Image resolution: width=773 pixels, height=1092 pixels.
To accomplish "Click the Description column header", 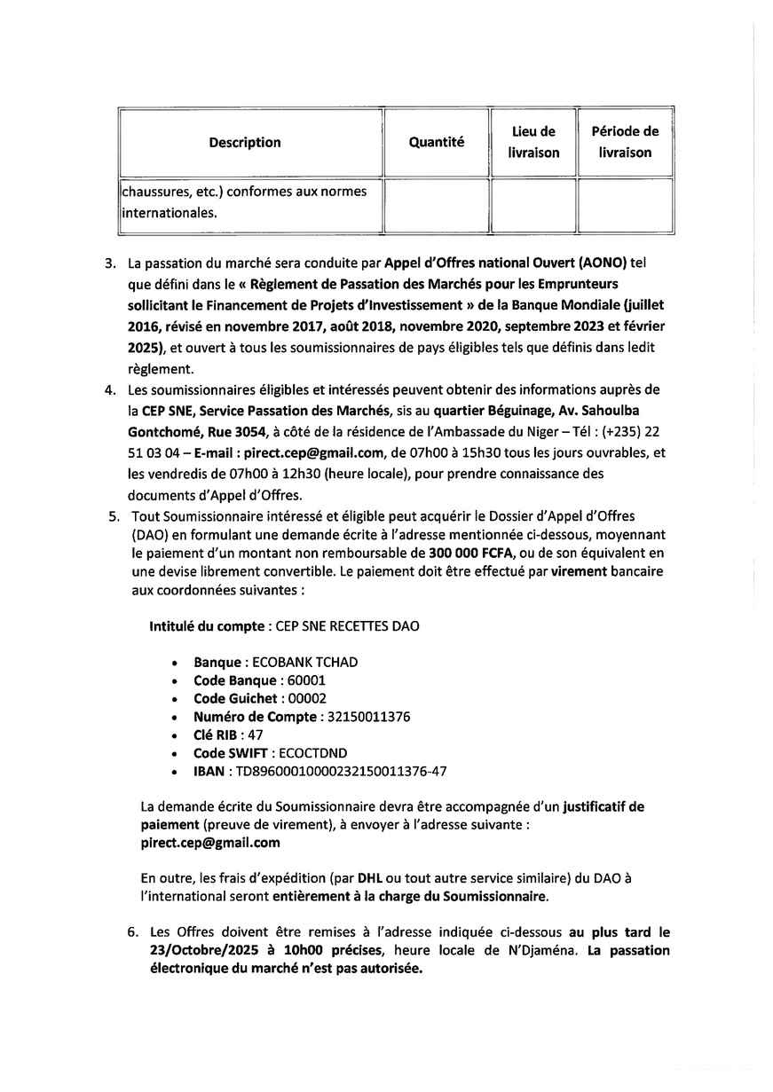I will (245, 143).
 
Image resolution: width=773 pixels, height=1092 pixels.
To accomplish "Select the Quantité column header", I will (436, 143).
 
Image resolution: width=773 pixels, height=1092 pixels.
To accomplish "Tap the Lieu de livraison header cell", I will (533, 142).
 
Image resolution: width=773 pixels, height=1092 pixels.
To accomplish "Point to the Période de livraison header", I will (625, 142).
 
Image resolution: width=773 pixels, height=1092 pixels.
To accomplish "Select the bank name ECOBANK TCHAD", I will (305, 663).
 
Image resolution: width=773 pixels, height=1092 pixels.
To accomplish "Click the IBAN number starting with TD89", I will (341, 771).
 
